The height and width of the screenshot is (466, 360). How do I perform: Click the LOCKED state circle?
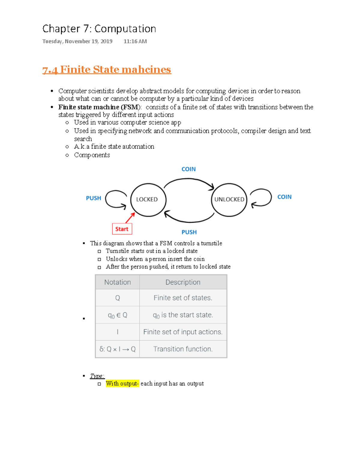(x=148, y=200)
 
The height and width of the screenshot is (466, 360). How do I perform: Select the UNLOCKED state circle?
(x=229, y=200)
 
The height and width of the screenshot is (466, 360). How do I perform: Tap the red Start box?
(x=122, y=229)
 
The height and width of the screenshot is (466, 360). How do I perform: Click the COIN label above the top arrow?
(x=188, y=169)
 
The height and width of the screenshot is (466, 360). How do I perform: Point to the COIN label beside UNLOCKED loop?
(x=284, y=197)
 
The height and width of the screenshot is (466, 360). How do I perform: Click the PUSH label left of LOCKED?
(x=93, y=198)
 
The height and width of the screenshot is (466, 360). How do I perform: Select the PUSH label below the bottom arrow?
(x=189, y=232)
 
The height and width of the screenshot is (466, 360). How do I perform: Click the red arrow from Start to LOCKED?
(x=130, y=218)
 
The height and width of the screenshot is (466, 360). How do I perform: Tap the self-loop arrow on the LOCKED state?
(x=115, y=199)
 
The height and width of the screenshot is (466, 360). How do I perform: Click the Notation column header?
(x=118, y=282)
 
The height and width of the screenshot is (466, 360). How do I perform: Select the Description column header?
(x=183, y=282)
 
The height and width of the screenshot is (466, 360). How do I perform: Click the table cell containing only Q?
(x=118, y=298)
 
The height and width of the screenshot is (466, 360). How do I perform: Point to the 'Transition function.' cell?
(x=183, y=349)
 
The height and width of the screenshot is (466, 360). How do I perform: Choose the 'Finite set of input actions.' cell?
(x=183, y=332)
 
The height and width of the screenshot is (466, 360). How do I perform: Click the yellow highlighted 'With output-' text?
(x=122, y=383)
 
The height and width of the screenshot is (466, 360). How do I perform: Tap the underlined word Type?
(x=97, y=376)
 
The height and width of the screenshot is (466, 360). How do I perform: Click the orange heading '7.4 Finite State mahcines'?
(x=107, y=70)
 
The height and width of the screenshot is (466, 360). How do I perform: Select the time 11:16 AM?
(x=135, y=41)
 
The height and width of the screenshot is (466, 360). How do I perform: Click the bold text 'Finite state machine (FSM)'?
(x=99, y=107)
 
